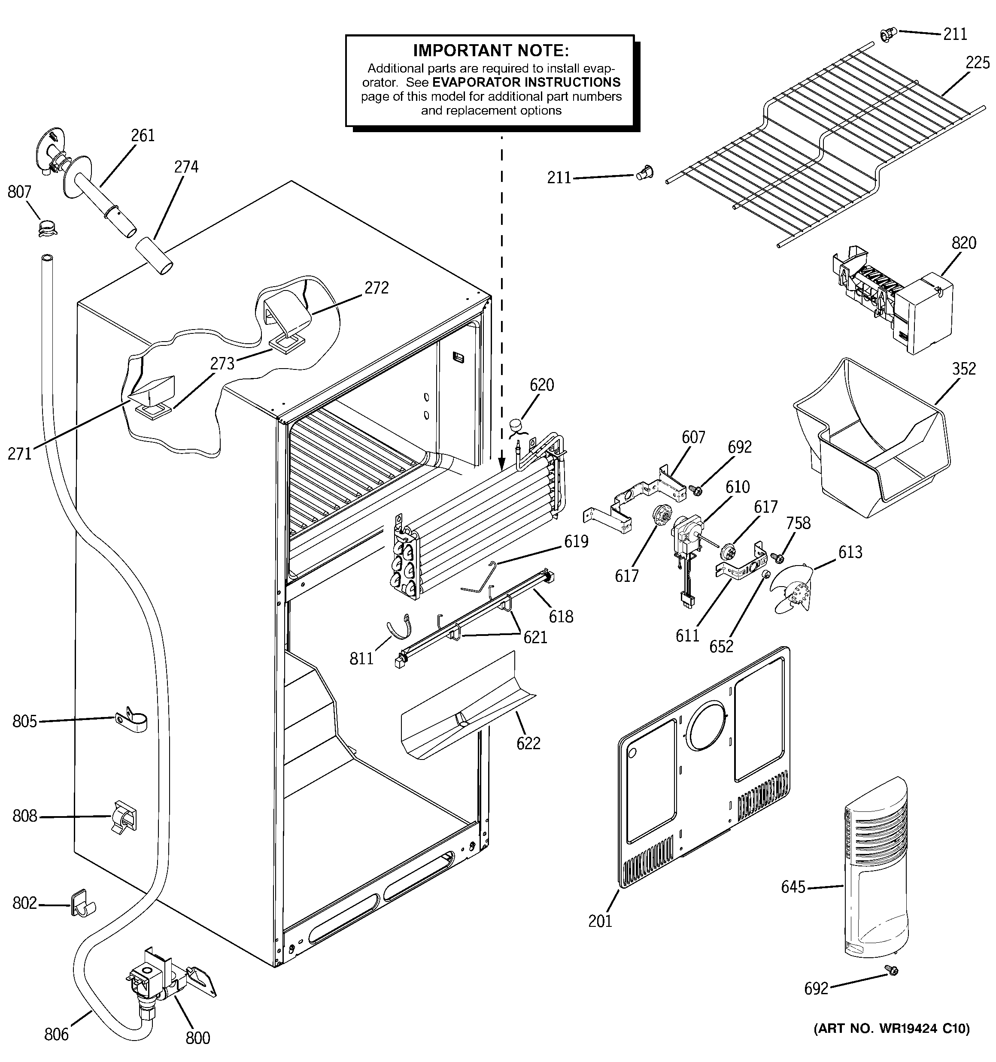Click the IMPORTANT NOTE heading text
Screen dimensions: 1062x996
tap(491, 51)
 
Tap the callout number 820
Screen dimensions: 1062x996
tap(963, 243)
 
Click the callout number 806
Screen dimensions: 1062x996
tap(56, 1035)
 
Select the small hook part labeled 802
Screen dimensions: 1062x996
tap(81, 903)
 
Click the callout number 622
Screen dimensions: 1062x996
tap(528, 743)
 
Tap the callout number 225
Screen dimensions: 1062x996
tap(977, 63)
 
